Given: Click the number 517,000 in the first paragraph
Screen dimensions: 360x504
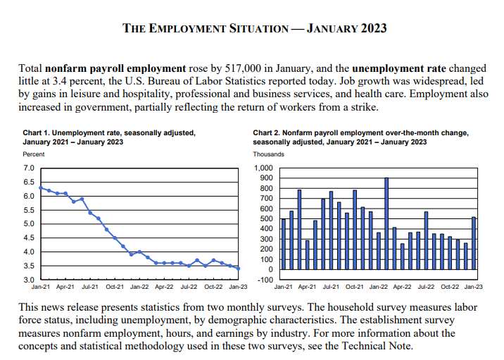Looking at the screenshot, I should pyautogui.click(x=242, y=69).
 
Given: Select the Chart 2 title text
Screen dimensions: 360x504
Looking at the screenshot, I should pyautogui.click(x=360, y=137).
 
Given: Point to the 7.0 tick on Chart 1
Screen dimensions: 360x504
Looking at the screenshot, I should pyautogui.click(x=29, y=168).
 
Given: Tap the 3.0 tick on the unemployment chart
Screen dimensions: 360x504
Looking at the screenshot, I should pyautogui.click(x=29, y=280).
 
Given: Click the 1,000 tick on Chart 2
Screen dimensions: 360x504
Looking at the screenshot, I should pyautogui.click(x=262, y=168).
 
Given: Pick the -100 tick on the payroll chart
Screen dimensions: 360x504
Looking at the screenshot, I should pyautogui.click(x=263, y=280).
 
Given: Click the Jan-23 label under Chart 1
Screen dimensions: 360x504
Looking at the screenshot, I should pyautogui.click(x=237, y=287).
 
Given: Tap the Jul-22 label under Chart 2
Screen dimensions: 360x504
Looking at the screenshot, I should pyautogui.click(x=426, y=287).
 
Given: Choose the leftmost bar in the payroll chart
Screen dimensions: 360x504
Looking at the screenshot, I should pyautogui.click(x=283, y=244).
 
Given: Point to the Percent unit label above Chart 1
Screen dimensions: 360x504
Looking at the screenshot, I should pyautogui.click(x=34, y=154).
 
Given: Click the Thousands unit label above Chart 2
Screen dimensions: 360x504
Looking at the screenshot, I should pyautogui.click(x=269, y=154).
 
